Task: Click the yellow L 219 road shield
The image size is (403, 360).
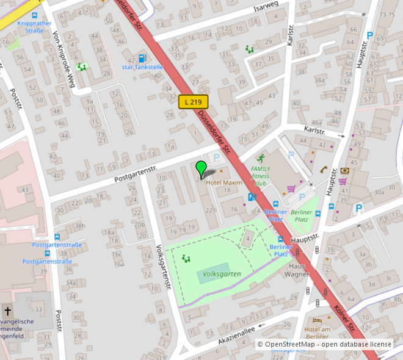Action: point(194,103)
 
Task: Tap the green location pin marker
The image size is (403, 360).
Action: point(201,169)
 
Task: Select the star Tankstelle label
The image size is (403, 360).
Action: point(142,67)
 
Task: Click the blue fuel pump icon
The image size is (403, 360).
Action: point(142,58)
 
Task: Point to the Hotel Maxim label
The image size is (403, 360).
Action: point(224,182)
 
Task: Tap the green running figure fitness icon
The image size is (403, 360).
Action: point(261,159)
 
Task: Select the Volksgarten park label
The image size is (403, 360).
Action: point(223,275)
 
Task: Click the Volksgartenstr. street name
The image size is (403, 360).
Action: point(163,269)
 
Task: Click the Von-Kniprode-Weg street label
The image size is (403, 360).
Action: point(63,59)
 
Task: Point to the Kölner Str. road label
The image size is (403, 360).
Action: point(345,320)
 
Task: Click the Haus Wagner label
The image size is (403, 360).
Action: point(297,270)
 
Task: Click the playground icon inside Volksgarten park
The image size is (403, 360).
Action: point(186,259)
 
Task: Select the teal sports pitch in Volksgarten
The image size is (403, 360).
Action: point(214,273)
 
